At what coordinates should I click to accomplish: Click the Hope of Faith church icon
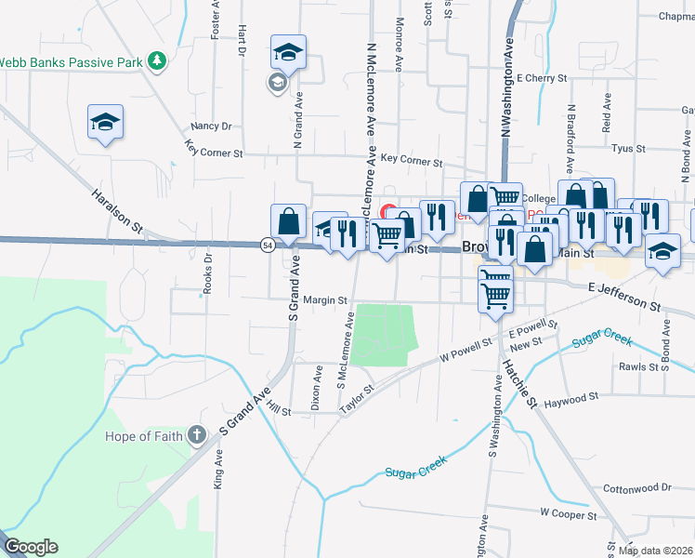196,434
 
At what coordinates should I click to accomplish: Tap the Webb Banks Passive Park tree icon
158,61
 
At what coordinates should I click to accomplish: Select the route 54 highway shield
268,245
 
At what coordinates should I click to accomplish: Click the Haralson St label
116,213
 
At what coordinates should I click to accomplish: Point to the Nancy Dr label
210,126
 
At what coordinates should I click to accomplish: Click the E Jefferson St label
623,298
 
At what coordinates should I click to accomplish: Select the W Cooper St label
568,511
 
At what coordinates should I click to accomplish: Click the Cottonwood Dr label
636,487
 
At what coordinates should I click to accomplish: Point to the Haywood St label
571,399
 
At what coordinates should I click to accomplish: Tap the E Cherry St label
542,78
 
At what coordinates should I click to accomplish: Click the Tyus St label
629,148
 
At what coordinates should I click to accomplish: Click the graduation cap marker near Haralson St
106,121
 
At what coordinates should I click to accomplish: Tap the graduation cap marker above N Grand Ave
288,52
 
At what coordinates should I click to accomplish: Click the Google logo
31,547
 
